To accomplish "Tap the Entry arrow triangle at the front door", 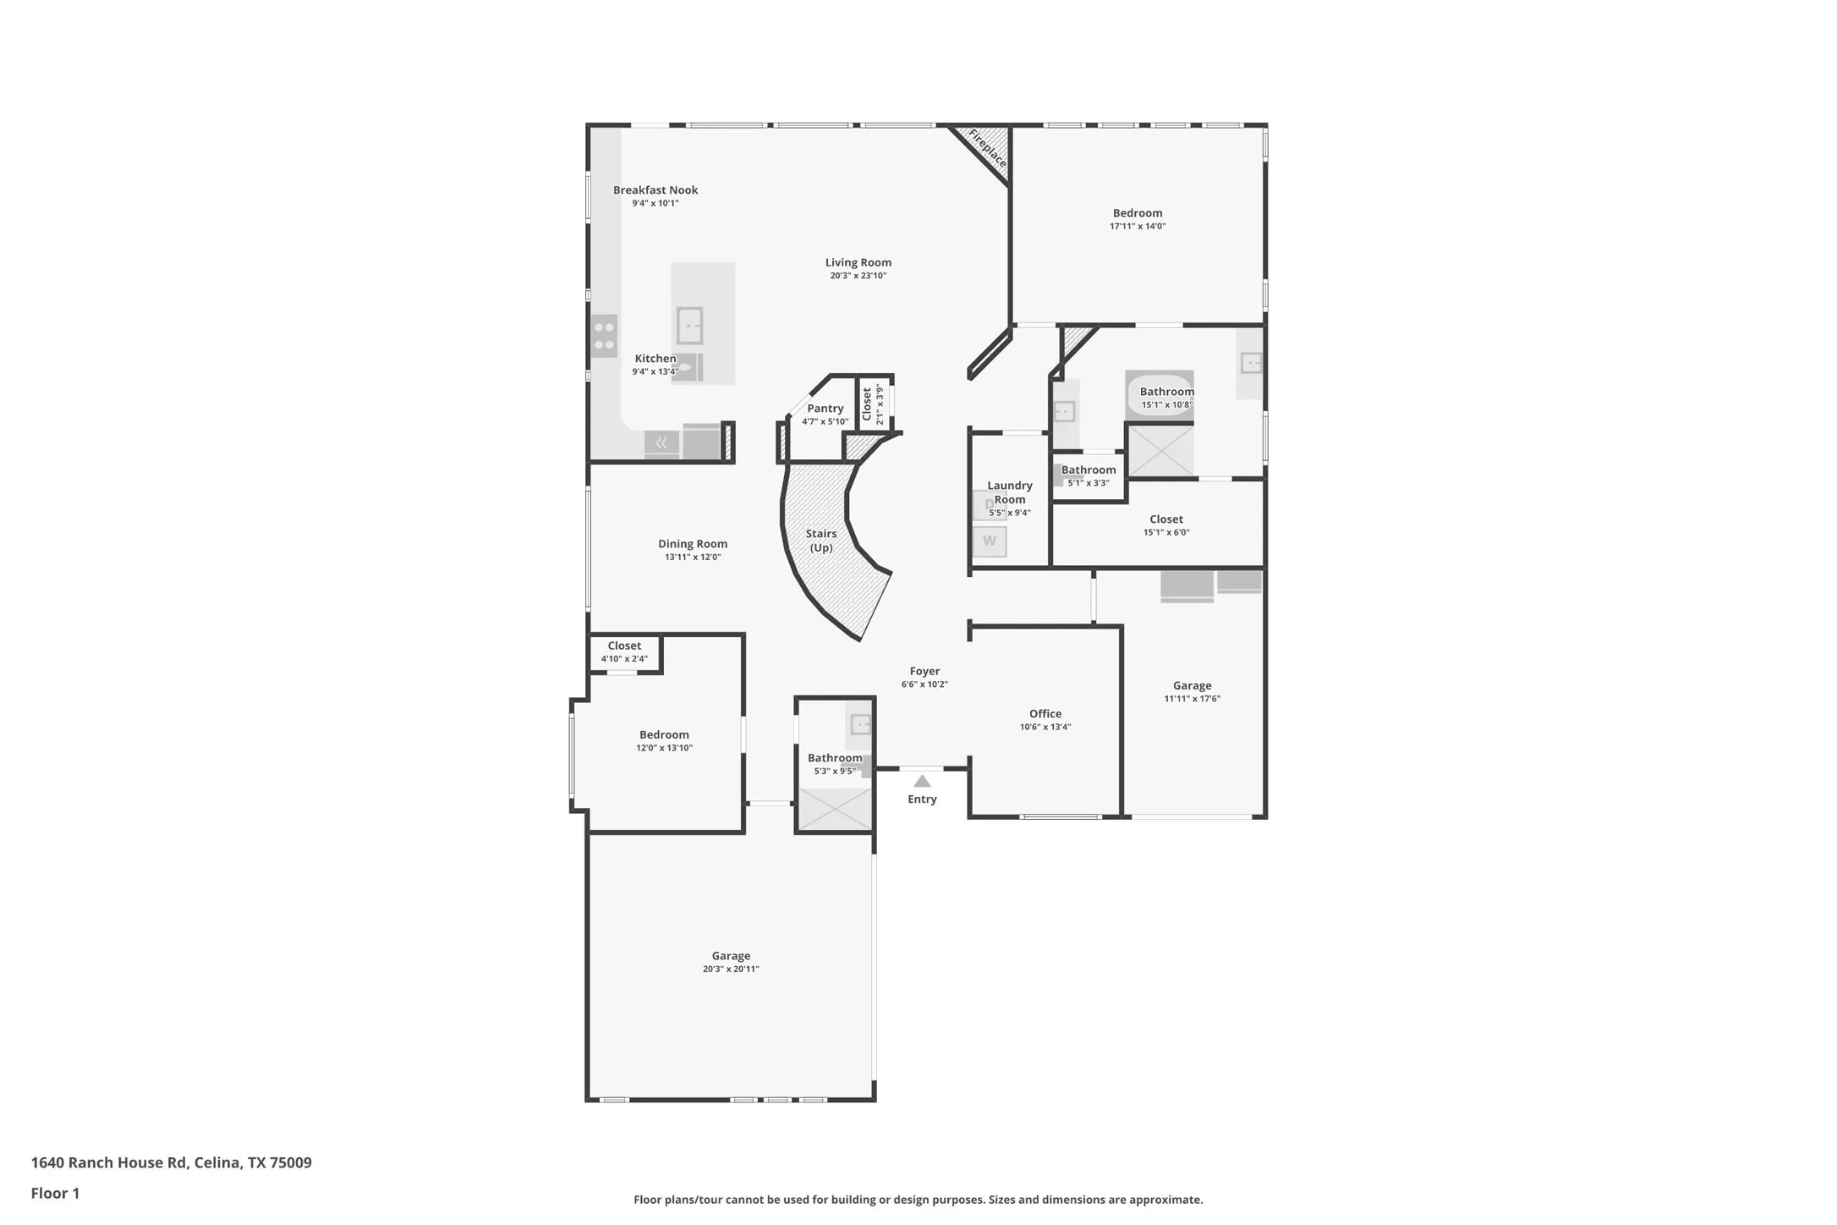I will [x=922, y=782].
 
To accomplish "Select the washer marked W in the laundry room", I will [x=989, y=541].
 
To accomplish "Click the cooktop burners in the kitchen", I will [x=604, y=336].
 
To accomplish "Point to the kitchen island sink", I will [x=689, y=326].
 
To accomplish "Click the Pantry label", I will [x=825, y=409].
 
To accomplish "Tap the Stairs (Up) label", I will [x=821, y=541].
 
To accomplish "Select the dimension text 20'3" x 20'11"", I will [x=731, y=970].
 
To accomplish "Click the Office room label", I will [x=1045, y=714].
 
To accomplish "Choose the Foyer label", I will [x=924, y=671].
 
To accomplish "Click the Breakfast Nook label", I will [x=655, y=190].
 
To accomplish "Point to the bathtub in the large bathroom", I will [x=1159, y=394].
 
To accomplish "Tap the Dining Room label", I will [x=693, y=544].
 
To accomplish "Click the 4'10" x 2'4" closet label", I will [x=624, y=659].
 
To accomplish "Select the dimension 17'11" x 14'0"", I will [x=1138, y=227].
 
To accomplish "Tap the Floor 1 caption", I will [x=55, y=1194].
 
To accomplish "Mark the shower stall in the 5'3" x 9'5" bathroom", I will [x=835, y=809].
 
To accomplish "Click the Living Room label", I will [x=858, y=262].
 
